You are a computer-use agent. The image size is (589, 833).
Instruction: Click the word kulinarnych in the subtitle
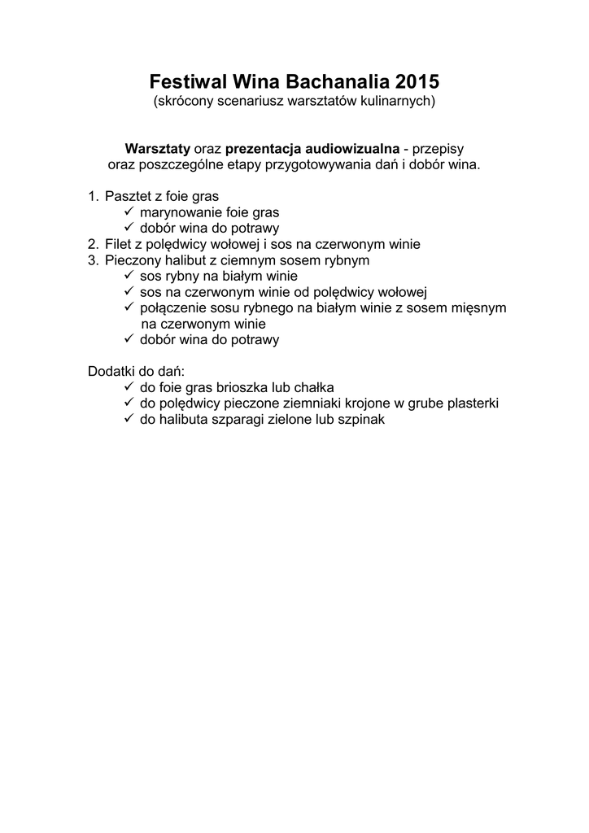400,102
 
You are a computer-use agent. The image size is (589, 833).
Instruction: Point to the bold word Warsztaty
157,149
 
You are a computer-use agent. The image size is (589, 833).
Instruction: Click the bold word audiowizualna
352,149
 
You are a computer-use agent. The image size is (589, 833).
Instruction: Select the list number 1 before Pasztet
92,196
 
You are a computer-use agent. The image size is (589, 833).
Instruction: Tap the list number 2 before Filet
92,244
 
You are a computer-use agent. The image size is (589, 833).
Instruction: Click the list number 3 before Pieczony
92,260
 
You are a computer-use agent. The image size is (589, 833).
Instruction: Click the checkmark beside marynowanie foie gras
129,212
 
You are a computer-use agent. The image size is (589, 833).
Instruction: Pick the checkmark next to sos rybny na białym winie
129,276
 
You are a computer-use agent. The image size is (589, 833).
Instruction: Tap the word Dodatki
111,371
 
